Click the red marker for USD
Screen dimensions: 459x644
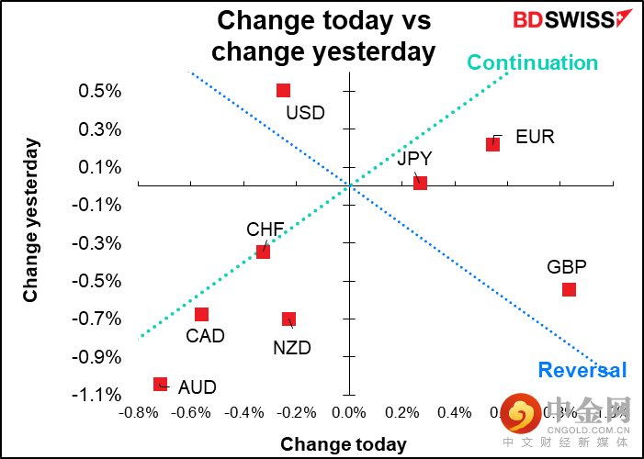(283, 90)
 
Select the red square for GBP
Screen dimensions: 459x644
(569, 289)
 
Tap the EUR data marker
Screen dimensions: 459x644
(492, 144)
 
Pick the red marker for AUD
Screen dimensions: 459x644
(160, 384)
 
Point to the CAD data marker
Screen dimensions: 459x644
(201, 314)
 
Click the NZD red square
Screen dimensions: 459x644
(288, 319)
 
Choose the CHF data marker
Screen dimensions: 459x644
(263, 251)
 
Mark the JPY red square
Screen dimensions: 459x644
(420, 183)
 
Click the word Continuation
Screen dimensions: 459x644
(533, 62)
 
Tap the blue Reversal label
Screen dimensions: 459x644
(582, 370)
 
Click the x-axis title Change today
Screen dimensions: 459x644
(344, 444)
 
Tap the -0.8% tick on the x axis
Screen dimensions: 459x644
(138, 413)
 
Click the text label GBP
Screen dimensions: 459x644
(566, 267)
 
